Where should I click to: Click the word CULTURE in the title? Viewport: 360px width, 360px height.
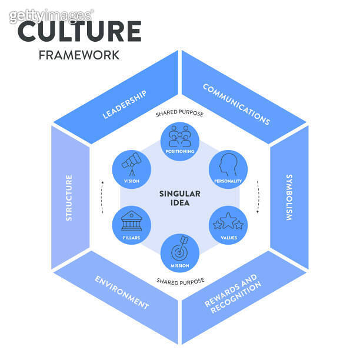click(79, 31)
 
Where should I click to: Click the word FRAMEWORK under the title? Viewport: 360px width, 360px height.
click(79, 55)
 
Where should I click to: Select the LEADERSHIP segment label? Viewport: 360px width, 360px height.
click(124, 104)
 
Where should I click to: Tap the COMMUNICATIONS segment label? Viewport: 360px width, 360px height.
click(236, 104)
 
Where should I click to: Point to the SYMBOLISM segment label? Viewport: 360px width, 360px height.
click(289, 197)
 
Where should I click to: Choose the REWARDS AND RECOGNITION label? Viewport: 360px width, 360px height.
click(233, 292)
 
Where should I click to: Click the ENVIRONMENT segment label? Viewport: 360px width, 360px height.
click(122, 292)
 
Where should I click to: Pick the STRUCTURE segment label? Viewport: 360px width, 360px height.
click(69, 197)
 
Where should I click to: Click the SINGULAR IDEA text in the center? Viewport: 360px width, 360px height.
click(180, 198)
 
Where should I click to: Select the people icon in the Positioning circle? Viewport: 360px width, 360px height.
click(180, 136)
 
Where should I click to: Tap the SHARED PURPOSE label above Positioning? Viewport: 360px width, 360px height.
click(180, 114)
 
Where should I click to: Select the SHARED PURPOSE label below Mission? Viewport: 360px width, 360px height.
click(180, 282)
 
